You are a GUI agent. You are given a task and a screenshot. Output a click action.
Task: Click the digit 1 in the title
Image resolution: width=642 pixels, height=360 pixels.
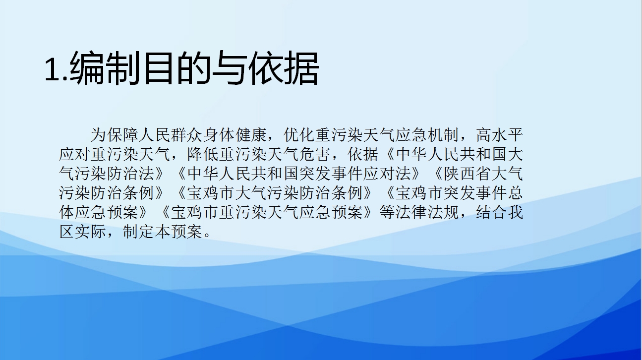(52, 69)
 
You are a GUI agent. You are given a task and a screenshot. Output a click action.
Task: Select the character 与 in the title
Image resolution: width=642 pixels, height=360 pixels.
(229, 68)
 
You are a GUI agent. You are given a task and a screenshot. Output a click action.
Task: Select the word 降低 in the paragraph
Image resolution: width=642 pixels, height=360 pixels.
(203, 154)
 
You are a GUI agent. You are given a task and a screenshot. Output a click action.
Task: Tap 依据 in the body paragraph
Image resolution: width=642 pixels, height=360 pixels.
(364, 154)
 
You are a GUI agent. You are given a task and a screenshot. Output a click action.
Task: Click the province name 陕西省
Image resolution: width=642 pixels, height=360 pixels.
(468, 174)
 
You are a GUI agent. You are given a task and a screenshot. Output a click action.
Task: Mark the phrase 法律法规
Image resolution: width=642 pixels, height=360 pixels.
(428, 212)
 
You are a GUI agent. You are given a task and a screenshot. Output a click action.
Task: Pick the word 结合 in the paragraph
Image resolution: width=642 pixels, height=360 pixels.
(492, 212)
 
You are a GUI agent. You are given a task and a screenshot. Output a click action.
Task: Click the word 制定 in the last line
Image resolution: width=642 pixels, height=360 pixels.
(139, 232)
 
